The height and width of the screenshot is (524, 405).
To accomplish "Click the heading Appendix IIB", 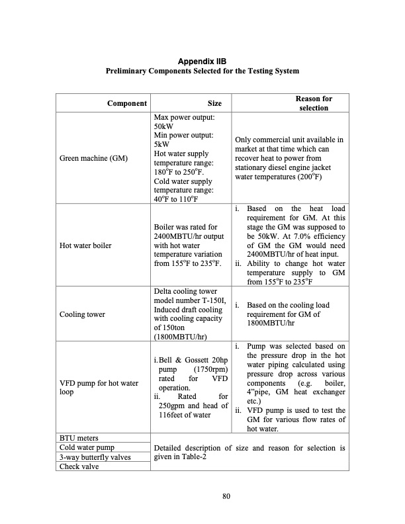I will pyautogui.click(x=202, y=62).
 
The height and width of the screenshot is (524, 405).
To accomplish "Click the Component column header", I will pyautogui.click(x=127, y=103).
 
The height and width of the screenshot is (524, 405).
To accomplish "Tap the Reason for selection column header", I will pyautogui.click(x=314, y=103).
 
